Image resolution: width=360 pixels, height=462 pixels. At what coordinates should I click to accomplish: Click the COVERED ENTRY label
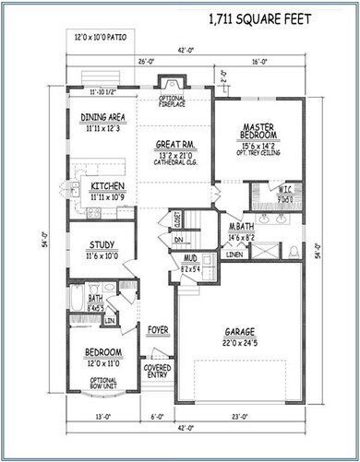pyautogui.click(x=157, y=372)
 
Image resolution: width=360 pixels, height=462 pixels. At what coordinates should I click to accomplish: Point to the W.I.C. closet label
pyautogui.click(x=286, y=191)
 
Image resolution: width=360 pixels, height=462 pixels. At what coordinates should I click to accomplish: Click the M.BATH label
pyautogui.click(x=242, y=227)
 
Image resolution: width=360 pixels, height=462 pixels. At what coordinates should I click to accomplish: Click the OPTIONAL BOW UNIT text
pyautogui.click(x=102, y=382)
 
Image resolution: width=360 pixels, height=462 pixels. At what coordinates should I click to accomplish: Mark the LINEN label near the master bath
pyautogui.click(x=234, y=255)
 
